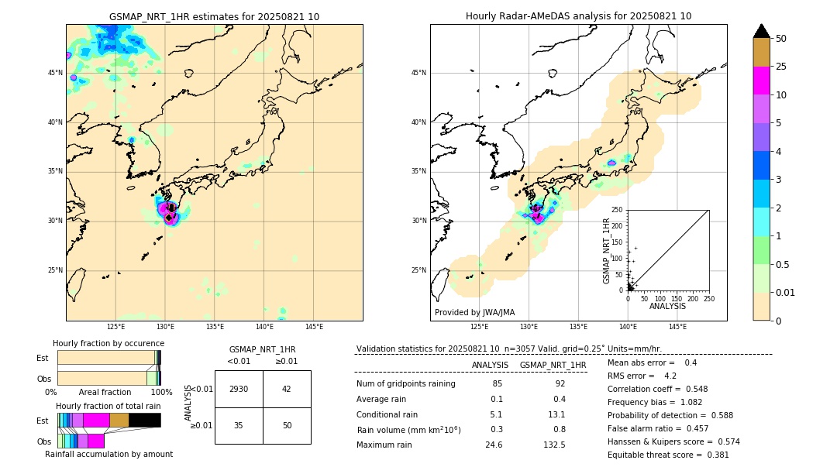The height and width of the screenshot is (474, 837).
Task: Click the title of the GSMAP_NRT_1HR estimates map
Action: [x=214, y=16]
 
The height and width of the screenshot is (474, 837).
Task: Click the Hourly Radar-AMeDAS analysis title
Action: [x=578, y=16]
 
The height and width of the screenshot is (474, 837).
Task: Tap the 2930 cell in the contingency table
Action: [x=239, y=389]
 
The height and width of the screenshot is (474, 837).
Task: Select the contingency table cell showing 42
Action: [x=287, y=389]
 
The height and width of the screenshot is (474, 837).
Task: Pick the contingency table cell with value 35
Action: [x=239, y=425]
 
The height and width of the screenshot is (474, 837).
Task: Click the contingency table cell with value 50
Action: [x=287, y=425]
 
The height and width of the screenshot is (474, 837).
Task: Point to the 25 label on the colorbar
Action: [x=781, y=67]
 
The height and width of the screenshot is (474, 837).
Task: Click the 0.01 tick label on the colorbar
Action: [x=786, y=292]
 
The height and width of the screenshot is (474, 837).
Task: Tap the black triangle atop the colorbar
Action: [x=761, y=31]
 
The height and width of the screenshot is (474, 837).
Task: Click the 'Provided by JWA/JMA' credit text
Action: [x=474, y=312]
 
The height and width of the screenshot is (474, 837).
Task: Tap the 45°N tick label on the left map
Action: [x=54, y=73]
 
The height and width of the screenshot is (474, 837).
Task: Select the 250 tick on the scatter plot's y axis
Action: [x=617, y=210]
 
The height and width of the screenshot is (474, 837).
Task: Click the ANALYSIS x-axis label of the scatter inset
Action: [x=667, y=306]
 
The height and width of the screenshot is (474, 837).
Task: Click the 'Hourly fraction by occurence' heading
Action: [x=108, y=343]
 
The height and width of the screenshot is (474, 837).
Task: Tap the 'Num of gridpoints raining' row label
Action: [x=405, y=383]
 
